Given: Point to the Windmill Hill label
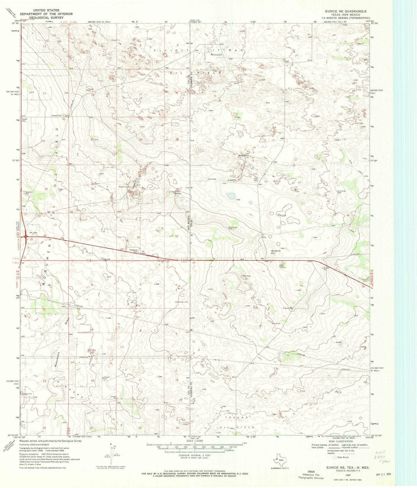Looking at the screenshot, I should pos(276,252).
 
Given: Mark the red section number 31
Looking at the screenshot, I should pos(93,237).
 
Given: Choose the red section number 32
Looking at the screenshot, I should pos(138,237).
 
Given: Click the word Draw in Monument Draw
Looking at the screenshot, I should pos(66,320).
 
